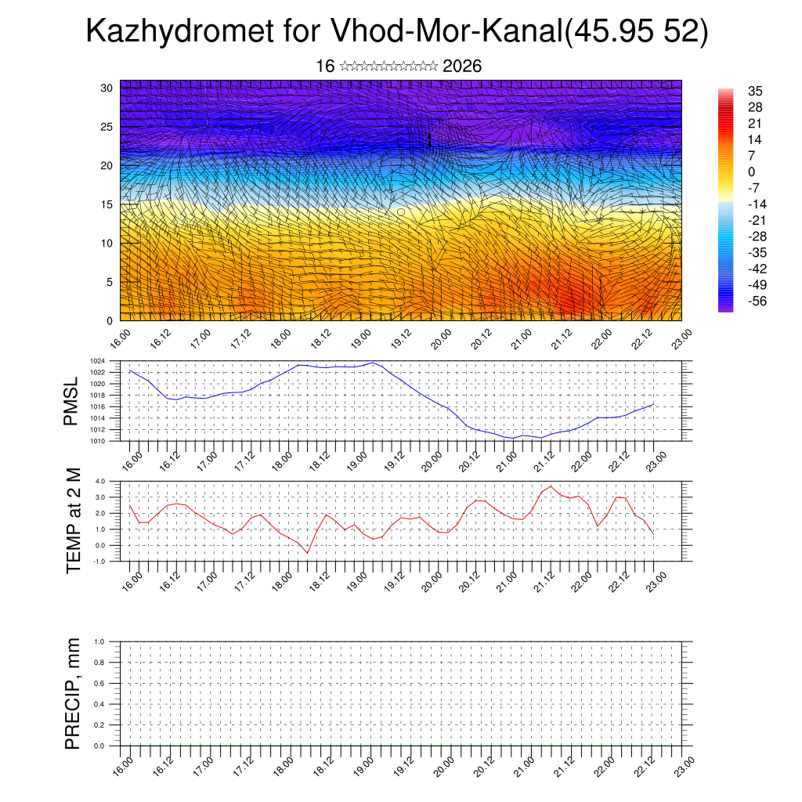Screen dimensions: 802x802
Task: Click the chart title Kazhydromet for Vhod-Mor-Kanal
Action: coord(396,32)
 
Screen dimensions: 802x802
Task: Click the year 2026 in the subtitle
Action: coord(462,67)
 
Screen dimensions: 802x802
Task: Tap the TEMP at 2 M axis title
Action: coord(74,521)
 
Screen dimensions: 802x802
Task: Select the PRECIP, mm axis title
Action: coord(74,694)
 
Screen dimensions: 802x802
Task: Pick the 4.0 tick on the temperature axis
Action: coord(99,481)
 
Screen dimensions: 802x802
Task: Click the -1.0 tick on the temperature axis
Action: coord(99,561)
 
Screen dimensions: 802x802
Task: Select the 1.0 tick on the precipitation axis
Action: coord(99,641)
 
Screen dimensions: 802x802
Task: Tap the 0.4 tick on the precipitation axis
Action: coord(99,704)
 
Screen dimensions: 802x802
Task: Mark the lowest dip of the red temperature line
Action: coord(307,553)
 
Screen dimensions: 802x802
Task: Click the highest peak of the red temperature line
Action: coord(551,486)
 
